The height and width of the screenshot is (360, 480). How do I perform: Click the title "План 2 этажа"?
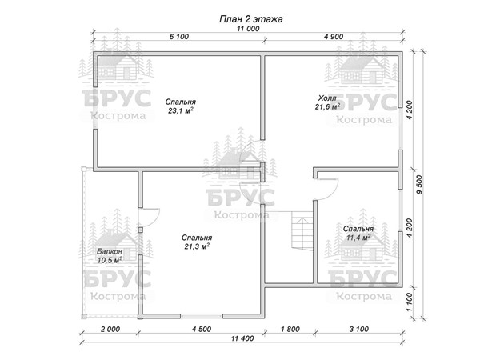(250, 19)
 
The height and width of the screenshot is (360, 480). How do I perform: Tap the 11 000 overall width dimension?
(248, 29)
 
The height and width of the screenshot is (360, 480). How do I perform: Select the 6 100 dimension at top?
(179, 37)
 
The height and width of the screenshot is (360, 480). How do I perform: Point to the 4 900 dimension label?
(334, 37)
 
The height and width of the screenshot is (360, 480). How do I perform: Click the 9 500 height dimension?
(419, 184)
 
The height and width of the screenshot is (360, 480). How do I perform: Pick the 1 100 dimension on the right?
(410, 302)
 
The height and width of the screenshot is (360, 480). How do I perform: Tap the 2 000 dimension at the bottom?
(110, 329)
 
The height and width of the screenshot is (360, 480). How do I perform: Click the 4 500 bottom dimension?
(202, 329)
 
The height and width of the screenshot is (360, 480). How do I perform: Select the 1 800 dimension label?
(290, 329)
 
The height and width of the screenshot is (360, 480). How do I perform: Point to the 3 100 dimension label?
(358, 329)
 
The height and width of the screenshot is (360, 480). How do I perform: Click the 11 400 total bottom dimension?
(242, 338)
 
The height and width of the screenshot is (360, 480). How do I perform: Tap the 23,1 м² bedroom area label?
(181, 110)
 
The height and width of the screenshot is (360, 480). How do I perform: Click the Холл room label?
(327, 98)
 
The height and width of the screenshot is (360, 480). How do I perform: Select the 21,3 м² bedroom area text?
(197, 246)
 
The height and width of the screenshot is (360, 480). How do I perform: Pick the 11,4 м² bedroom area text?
(358, 238)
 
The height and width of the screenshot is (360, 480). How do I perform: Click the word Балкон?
(110, 251)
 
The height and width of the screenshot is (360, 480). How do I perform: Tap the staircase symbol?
(302, 230)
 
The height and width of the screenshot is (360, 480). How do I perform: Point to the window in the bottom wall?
(202, 316)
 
